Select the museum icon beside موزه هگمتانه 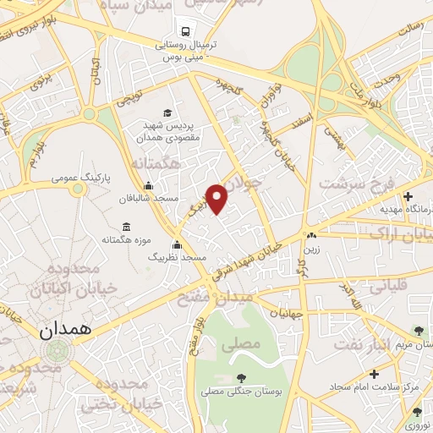pyautogui.click(x=126, y=227)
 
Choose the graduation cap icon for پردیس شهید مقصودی pyautogui.click(x=167, y=112)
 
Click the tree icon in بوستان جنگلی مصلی pyautogui.click(x=243, y=377)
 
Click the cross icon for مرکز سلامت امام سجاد pyautogui.click(x=374, y=372)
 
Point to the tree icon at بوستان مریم pyautogui.click(x=418, y=330)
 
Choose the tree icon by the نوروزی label pyautogui.click(x=417, y=412)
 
